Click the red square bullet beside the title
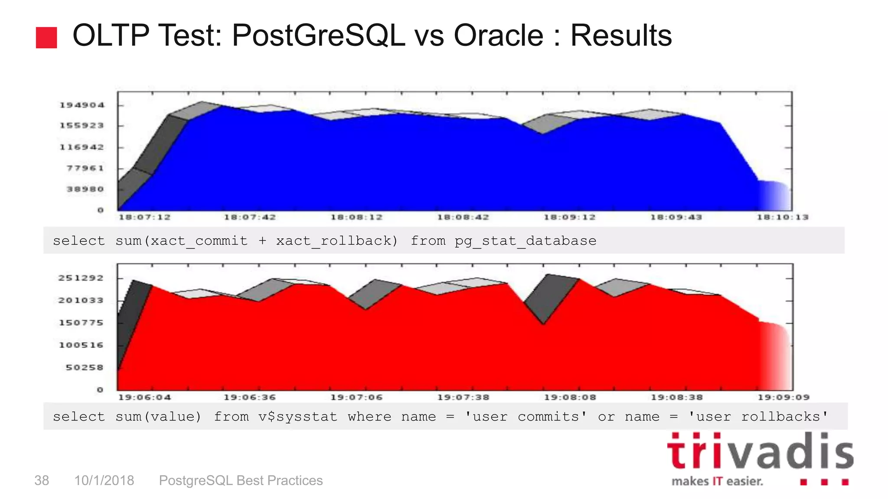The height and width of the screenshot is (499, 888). tap(46, 38)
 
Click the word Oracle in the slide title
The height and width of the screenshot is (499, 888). tap(498, 36)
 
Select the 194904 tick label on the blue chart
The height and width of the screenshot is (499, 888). tap(82, 105)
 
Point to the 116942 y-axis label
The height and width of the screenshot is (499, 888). tap(82, 147)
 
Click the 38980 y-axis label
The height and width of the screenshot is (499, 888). tap(85, 189)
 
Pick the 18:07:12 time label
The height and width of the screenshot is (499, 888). tap(145, 217)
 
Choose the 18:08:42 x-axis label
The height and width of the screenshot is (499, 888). tap(463, 217)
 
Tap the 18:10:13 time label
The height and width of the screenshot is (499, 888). tap(783, 217)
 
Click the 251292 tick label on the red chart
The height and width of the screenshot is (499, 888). tap(81, 278)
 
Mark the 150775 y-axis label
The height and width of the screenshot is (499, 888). tap(81, 323)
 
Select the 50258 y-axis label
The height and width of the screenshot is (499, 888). tap(85, 368)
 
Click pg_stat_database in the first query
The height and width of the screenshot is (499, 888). tap(526, 241)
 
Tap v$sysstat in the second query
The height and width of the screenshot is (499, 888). tap(298, 417)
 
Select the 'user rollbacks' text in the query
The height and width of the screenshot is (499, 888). tap(758, 417)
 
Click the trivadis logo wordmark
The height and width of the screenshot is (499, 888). tap(760, 451)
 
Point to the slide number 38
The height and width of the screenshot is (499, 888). tap(42, 480)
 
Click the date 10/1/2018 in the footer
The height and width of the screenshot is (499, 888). tap(104, 480)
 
